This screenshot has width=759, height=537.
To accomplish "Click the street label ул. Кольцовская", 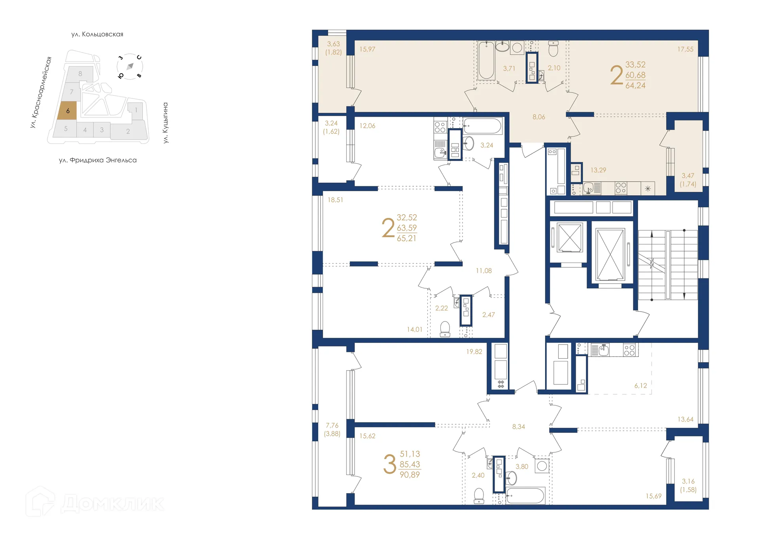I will click(x=97, y=34).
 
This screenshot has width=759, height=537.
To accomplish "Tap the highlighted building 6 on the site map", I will click(x=68, y=111).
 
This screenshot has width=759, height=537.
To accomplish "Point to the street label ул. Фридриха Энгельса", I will click(x=98, y=160).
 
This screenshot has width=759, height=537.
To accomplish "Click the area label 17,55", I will click(x=685, y=49).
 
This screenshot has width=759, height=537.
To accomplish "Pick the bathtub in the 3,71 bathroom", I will click(x=486, y=61).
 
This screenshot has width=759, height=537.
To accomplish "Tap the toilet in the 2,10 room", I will click(x=553, y=49).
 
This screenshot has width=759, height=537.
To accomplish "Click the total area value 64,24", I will click(x=635, y=85).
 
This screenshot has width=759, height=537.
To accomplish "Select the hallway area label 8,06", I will click(x=538, y=117).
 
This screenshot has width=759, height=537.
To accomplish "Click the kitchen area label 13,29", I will click(x=598, y=170).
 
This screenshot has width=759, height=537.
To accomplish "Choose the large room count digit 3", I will click(x=389, y=464).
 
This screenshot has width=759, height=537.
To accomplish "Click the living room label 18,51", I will click(x=335, y=200).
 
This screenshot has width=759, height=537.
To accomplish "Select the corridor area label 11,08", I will click(x=483, y=271).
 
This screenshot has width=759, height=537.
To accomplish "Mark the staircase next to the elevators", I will click(x=668, y=265).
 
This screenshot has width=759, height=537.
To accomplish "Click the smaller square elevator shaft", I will click(x=570, y=237).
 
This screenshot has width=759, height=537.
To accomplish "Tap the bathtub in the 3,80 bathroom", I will click(x=525, y=495).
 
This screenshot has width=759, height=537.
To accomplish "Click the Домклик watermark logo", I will click(x=95, y=503).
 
